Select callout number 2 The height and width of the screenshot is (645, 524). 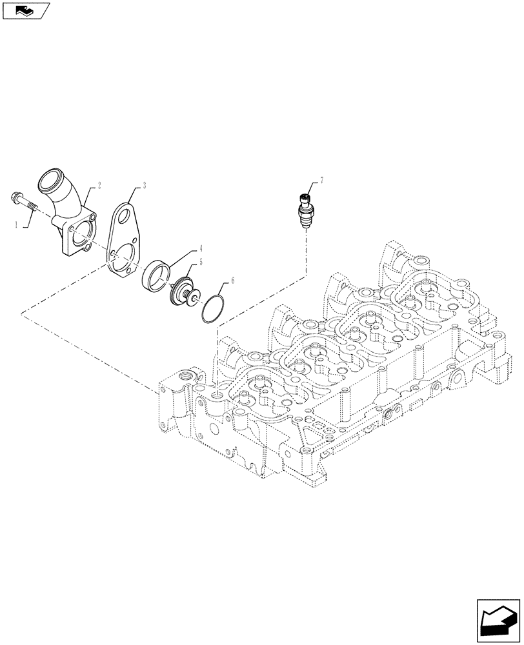[x=100, y=184]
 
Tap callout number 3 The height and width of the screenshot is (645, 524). [x=144, y=185]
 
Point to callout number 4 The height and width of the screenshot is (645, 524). [x=201, y=248]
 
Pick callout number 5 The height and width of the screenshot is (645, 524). [x=201, y=263]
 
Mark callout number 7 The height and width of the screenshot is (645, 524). [x=321, y=182]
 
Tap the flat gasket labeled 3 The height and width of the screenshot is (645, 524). [x=126, y=242]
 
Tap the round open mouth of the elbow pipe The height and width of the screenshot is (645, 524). [x=54, y=178]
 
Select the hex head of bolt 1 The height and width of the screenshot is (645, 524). [x=15, y=197]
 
